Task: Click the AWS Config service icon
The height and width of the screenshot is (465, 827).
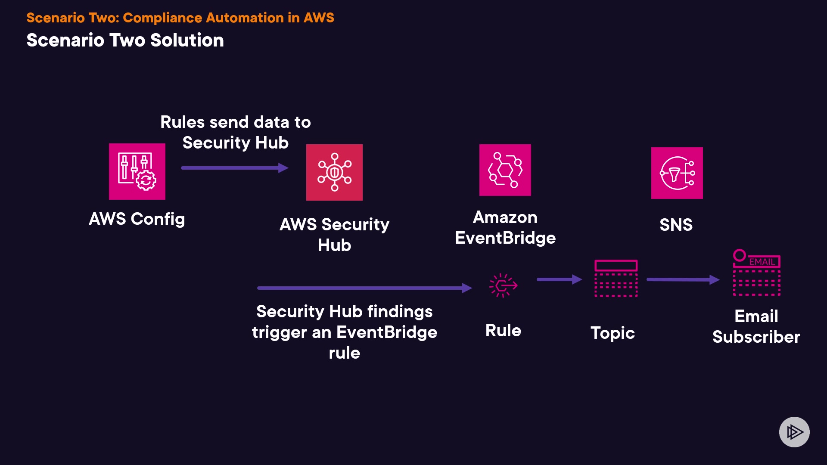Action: click(x=137, y=171)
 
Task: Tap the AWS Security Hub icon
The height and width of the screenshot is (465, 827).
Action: click(x=334, y=172)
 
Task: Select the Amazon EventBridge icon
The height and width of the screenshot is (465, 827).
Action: click(x=505, y=170)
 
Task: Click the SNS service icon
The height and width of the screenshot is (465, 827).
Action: click(x=677, y=173)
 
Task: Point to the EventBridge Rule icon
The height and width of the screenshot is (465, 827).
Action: click(x=503, y=285)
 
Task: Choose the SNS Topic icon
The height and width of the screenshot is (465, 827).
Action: click(x=616, y=278)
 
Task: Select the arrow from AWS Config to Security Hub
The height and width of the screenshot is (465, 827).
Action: click(x=234, y=168)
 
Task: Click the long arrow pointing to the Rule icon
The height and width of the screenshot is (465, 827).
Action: click(x=364, y=288)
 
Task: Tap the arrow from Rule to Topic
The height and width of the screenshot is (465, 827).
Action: click(x=559, y=279)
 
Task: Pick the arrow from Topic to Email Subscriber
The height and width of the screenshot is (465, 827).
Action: click(x=683, y=280)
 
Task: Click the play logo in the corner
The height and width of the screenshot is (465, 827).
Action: click(x=794, y=432)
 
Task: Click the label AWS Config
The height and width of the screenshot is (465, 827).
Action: click(x=137, y=219)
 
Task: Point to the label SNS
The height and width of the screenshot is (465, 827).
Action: click(x=676, y=225)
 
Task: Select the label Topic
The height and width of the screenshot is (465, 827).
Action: click(x=612, y=333)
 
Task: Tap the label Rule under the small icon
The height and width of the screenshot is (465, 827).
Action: click(x=503, y=331)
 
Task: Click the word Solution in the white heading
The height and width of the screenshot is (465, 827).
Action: click(x=187, y=40)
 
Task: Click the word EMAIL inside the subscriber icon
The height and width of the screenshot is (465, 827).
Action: click(x=762, y=262)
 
